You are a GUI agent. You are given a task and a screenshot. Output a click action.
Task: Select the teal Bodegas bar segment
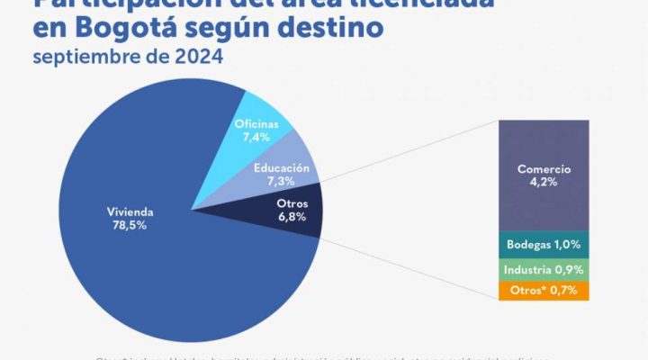(544, 244)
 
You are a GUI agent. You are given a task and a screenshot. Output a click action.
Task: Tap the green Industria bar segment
(544, 269)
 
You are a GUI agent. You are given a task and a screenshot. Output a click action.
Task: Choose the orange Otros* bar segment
(544, 291)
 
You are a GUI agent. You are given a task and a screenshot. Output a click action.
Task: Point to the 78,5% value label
(130, 226)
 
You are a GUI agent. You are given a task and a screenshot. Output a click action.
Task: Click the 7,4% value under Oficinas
(256, 137)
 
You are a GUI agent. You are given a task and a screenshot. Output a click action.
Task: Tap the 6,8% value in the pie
(292, 217)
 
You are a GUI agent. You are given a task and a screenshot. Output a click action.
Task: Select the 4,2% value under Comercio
(544, 181)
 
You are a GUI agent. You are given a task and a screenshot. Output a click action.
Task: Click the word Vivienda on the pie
(130, 212)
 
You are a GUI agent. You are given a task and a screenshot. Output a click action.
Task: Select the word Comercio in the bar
(544, 168)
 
